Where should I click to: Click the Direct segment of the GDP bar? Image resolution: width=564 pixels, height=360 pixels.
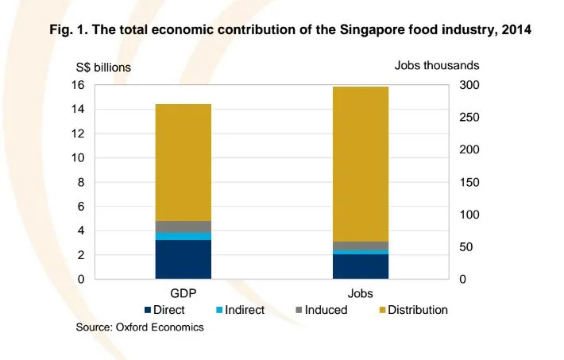pyautogui.click(x=183, y=259)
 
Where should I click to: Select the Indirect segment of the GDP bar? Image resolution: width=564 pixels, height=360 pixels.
pyautogui.click(x=183, y=236)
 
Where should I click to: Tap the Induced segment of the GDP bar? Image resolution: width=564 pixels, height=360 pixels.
pyautogui.click(x=183, y=226)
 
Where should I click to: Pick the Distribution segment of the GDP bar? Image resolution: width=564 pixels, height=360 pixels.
pyautogui.click(x=183, y=162)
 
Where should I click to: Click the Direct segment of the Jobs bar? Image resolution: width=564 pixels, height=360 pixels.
pyautogui.click(x=361, y=266)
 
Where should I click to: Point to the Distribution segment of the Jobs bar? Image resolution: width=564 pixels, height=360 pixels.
pyautogui.click(x=361, y=164)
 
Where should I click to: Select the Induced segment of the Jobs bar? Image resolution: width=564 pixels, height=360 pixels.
pyautogui.click(x=361, y=246)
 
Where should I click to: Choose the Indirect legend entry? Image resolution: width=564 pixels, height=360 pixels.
pyautogui.click(x=239, y=309)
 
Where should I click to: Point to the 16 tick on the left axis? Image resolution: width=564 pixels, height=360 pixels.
pyautogui.click(x=78, y=85)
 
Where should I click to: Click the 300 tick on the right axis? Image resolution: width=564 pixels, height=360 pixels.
pyautogui.click(x=469, y=85)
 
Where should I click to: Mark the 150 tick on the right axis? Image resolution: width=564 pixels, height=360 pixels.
pyautogui.click(x=469, y=182)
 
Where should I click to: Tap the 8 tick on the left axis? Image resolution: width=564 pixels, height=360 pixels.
pyautogui.click(x=81, y=182)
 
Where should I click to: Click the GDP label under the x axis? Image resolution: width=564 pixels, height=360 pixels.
pyautogui.click(x=183, y=293)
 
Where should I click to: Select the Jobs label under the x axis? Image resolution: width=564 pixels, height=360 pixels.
pyautogui.click(x=361, y=293)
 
